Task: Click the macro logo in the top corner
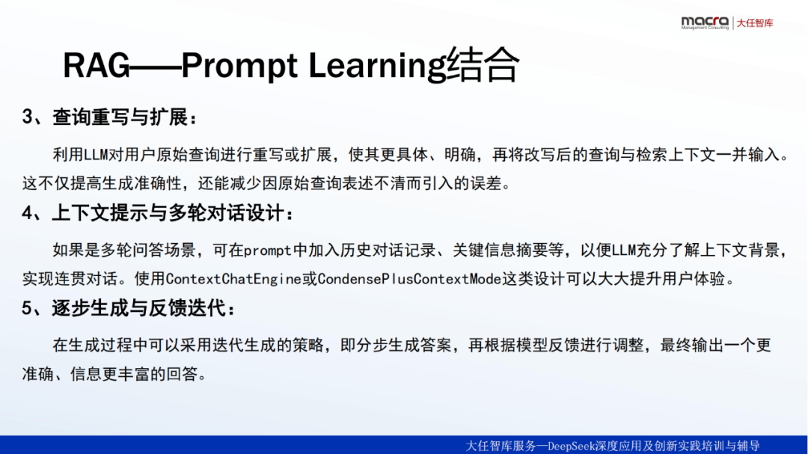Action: [705, 22]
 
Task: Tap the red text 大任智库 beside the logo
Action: [755, 23]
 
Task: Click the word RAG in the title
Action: [97, 66]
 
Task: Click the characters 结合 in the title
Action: [483, 64]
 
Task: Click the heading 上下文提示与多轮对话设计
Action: [168, 213]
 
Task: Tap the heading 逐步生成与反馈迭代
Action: [139, 308]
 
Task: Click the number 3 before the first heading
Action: [28, 117]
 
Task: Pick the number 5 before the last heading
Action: [28, 308]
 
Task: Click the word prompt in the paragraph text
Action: [268, 251]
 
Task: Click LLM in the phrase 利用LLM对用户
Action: [97, 154]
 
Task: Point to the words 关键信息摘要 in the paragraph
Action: [500, 251]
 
